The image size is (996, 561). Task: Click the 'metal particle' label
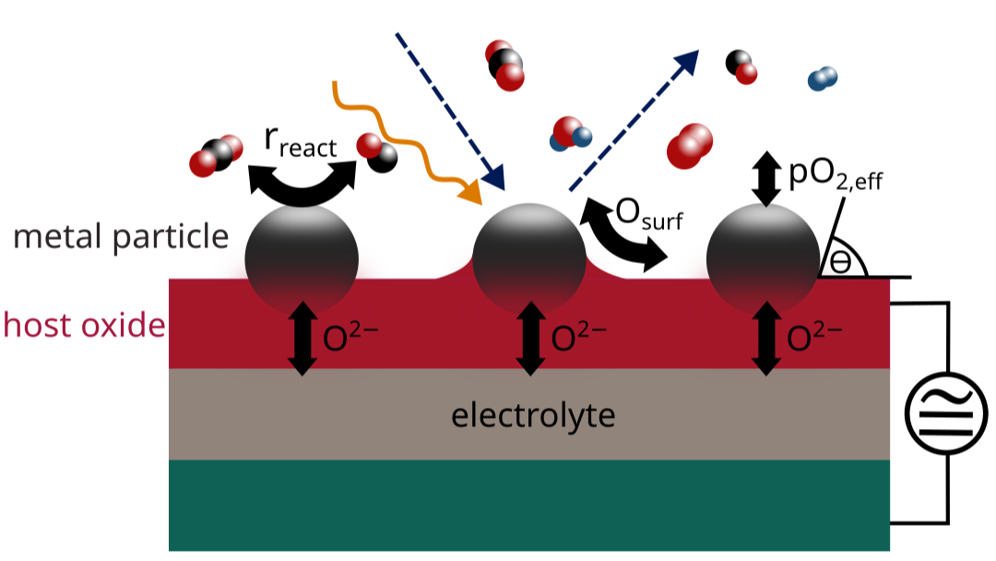[120, 237]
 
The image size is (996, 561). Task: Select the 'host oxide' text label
[83, 325]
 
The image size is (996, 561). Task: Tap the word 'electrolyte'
[533, 416]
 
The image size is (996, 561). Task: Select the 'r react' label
[300, 144]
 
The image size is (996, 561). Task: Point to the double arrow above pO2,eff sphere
[765, 179]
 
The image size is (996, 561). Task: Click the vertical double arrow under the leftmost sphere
[301, 339]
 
